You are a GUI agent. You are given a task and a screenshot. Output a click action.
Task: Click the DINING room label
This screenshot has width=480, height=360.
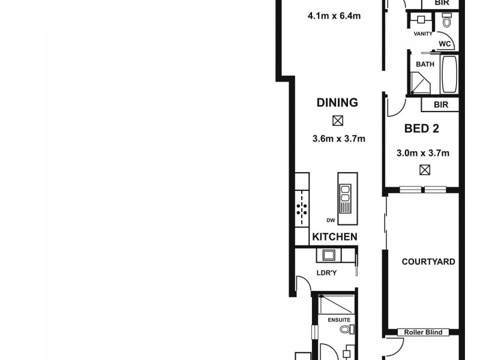(x=337, y=103)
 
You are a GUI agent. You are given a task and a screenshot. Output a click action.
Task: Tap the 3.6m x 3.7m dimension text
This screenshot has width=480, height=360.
(x=339, y=139)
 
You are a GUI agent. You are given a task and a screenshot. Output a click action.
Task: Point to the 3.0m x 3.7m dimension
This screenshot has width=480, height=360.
(x=424, y=153)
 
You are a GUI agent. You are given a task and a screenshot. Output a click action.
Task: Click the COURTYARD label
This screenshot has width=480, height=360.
(x=428, y=262)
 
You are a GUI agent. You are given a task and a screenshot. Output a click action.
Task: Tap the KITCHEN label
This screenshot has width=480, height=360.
(x=335, y=237)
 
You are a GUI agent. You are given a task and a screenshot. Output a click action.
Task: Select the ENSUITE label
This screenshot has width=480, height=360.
(x=338, y=320)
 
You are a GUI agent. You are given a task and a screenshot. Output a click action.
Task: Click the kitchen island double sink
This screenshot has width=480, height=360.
(x=346, y=194)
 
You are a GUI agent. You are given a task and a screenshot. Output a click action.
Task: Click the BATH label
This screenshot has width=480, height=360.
(x=425, y=63)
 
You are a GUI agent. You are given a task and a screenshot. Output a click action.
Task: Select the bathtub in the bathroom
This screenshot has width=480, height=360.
(x=449, y=76)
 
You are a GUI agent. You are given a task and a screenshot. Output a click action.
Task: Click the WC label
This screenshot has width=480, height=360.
(x=445, y=44)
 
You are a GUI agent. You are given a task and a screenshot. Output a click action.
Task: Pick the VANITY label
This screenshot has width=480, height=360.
(x=423, y=34)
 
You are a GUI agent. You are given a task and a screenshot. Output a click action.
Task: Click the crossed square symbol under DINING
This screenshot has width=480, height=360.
(x=338, y=121)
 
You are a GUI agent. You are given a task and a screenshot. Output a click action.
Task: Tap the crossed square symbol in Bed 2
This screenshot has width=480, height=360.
(x=425, y=170)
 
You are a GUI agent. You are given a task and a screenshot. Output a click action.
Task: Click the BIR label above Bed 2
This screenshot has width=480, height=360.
(x=440, y=105)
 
